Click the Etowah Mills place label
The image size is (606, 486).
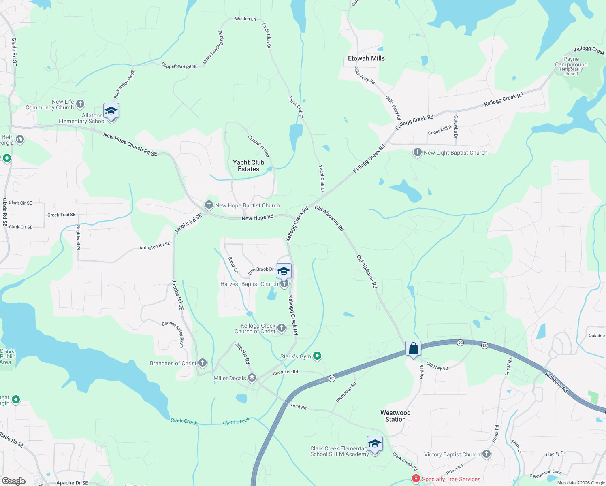click(x=366, y=58)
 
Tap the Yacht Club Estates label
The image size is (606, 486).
click(x=248, y=166)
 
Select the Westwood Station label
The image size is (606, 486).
click(x=395, y=416)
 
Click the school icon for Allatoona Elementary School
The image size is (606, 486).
click(x=111, y=111)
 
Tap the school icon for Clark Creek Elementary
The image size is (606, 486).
click(x=375, y=444)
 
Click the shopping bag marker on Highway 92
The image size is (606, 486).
click(x=413, y=348)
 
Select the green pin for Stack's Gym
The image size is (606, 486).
click(x=317, y=356)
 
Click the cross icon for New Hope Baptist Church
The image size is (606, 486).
click(x=209, y=205)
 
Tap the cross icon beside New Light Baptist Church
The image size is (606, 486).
click(x=417, y=152)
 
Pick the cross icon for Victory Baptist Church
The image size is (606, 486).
click(x=486, y=454)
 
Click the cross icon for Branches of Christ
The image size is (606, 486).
click(x=203, y=363)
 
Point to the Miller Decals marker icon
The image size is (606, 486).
click(x=252, y=378)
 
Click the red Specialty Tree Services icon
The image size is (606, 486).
click(x=416, y=479)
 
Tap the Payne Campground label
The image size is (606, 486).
click(x=571, y=62)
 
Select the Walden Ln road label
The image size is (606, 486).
click(x=245, y=19)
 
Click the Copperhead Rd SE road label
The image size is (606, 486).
click(x=179, y=66)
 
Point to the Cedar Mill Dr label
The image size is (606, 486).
click(x=440, y=130)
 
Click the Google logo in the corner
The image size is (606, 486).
click(x=14, y=481)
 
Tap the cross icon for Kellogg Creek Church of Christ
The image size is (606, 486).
click(x=282, y=328)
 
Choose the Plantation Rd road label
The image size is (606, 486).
click(x=346, y=392)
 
